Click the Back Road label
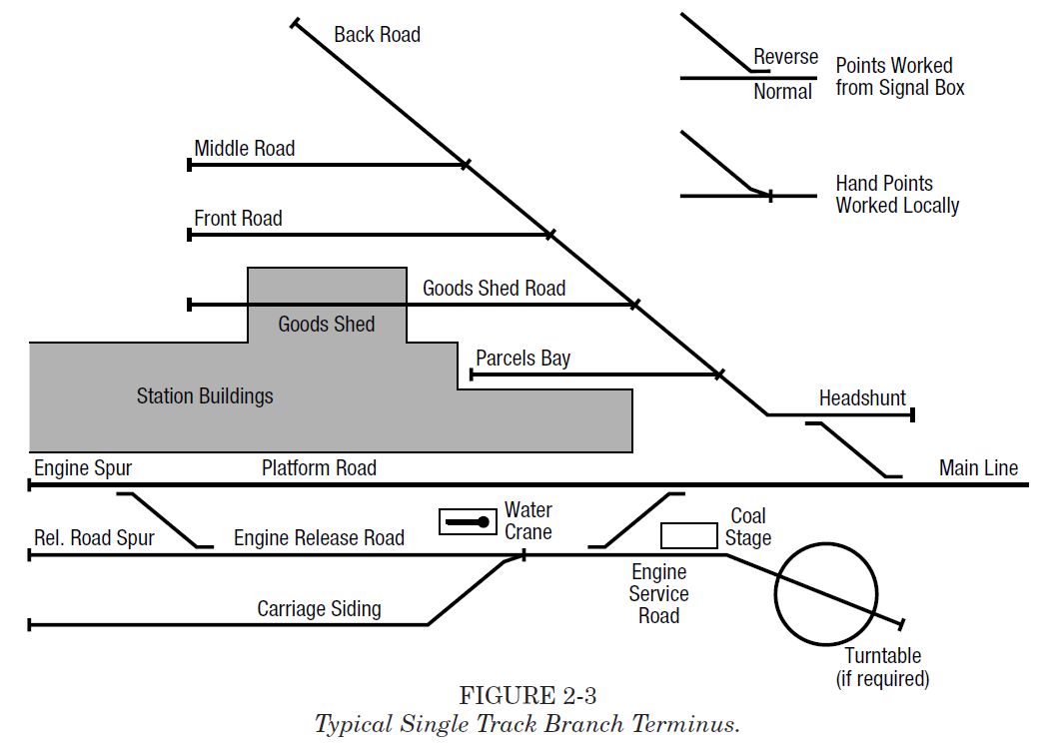click(x=377, y=35)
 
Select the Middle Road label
click(x=245, y=149)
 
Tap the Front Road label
click(x=238, y=219)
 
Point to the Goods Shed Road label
click(x=494, y=289)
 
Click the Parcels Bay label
click(x=523, y=359)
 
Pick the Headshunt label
click(x=862, y=398)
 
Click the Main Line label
click(x=978, y=467)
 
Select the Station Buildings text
click(x=205, y=396)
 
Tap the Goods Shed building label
click(x=327, y=324)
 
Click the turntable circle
click(x=825, y=593)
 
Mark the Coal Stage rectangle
click(x=688, y=535)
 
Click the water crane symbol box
click(x=468, y=521)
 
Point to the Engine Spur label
click(x=83, y=468)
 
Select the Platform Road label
click(x=319, y=468)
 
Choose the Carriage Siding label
click(x=319, y=609)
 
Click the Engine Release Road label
click(x=319, y=538)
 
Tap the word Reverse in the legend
click(x=785, y=57)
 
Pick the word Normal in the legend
click(x=782, y=92)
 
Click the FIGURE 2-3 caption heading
click(x=527, y=695)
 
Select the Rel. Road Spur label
click(x=94, y=538)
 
